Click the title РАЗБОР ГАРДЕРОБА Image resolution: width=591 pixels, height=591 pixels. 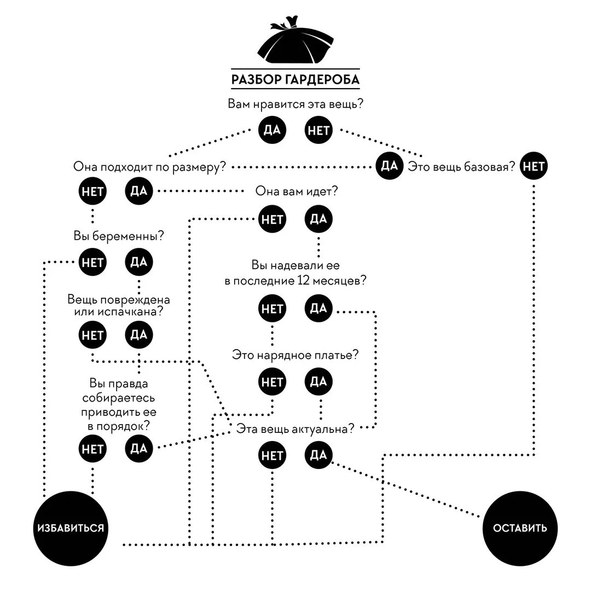[x=296, y=79]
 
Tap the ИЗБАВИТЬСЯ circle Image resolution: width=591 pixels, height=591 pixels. [x=71, y=528]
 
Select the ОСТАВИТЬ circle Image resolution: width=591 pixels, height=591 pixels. [x=520, y=528]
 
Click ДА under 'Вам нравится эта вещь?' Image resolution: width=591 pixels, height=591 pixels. [x=272, y=130]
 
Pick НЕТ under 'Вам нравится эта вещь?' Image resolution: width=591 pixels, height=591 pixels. [x=318, y=130]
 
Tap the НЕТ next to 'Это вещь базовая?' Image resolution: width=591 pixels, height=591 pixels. [x=534, y=166]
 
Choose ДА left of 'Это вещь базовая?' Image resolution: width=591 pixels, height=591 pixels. [x=390, y=166]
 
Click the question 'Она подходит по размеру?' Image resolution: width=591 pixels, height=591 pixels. [x=149, y=166]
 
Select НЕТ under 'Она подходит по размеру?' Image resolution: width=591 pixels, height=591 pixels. [x=92, y=191]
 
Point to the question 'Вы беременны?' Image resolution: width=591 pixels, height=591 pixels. [x=119, y=236]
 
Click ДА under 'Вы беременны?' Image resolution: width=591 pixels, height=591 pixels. [x=138, y=262]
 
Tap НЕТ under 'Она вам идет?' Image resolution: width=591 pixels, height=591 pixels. [x=272, y=219]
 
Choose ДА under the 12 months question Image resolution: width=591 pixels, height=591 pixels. [x=318, y=308]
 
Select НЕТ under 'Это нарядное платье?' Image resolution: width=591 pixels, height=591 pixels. [x=272, y=382]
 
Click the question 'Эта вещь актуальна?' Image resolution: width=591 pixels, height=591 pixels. [x=295, y=429]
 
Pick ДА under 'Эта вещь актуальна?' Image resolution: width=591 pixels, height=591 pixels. [x=318, y=455]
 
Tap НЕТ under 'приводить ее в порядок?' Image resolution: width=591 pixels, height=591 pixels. [x=92, y=449]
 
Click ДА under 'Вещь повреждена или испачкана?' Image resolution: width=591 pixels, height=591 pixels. [x=138, y=335]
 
